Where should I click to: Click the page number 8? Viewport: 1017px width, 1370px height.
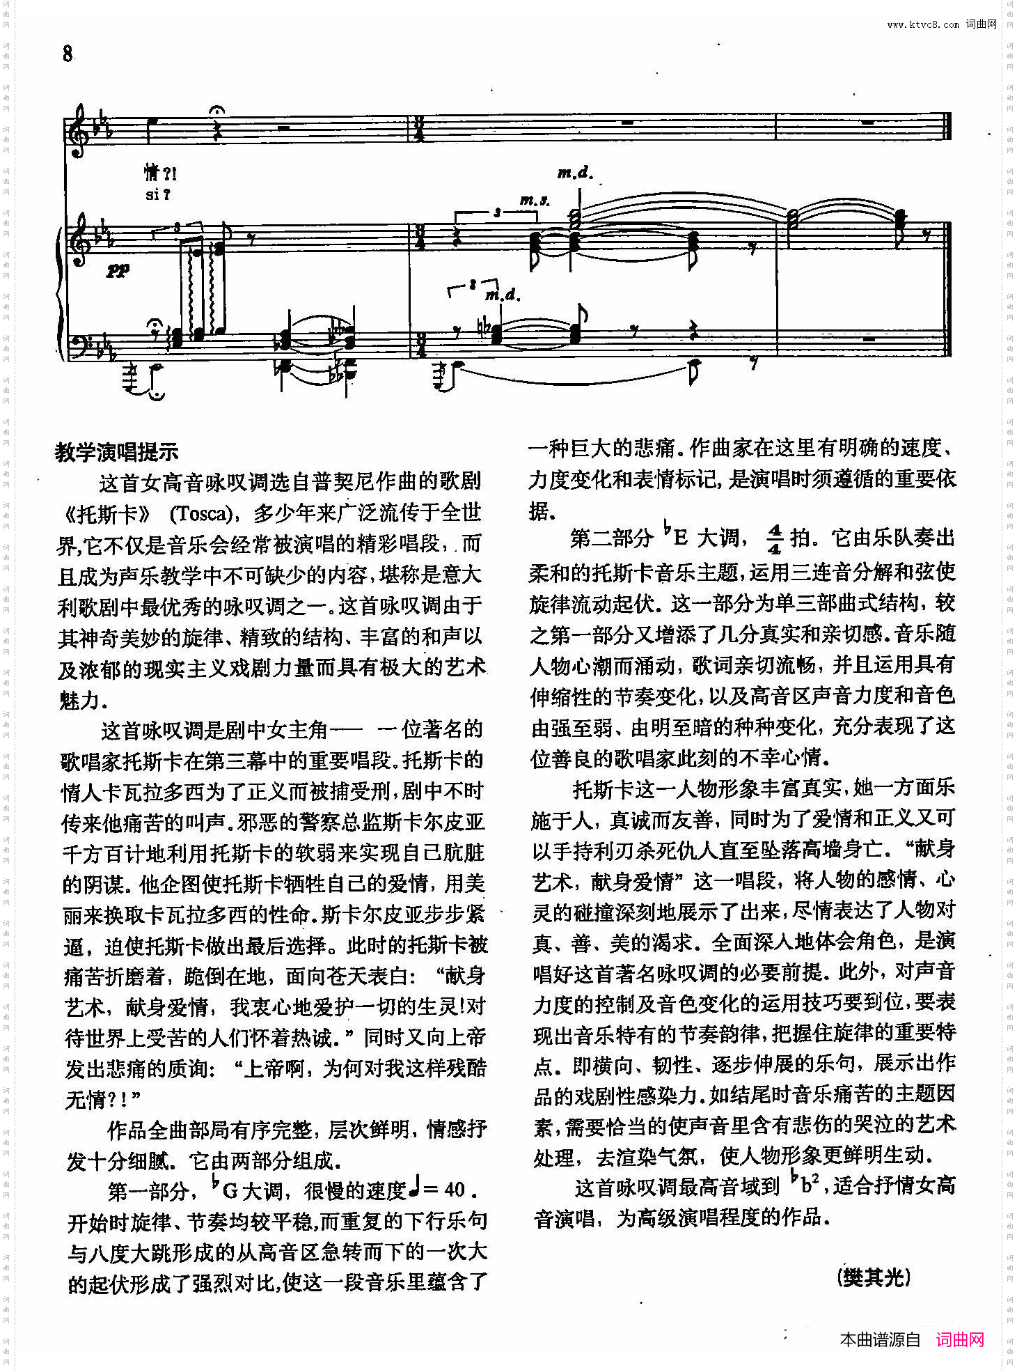[67, 54]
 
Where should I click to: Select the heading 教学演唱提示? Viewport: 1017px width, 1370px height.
[117, 452]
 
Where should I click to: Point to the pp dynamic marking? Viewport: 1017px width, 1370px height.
[118, 270]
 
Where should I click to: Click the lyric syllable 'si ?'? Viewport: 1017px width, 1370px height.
[158, 195]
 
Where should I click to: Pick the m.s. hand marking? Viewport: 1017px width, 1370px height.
[535, 201]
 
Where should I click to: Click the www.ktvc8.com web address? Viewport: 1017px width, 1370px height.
[922, 24]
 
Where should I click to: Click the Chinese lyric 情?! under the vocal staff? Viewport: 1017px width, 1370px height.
[161, 172]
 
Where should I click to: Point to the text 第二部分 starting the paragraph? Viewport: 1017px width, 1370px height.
[610, 538]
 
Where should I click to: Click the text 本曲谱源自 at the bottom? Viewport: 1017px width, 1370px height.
[880, 1339]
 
